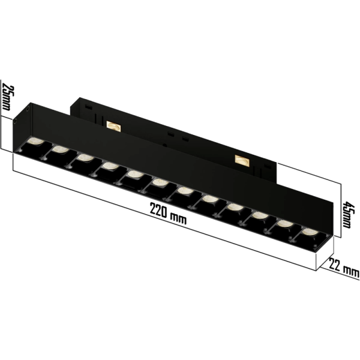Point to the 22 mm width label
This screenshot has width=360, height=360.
(344, 268)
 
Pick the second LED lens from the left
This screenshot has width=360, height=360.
(60, 150)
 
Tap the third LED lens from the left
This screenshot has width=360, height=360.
(85, 158)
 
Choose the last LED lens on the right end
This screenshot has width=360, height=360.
(308, 230)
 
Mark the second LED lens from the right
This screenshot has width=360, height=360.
(284, 223)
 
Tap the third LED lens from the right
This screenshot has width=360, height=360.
(259, 214)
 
